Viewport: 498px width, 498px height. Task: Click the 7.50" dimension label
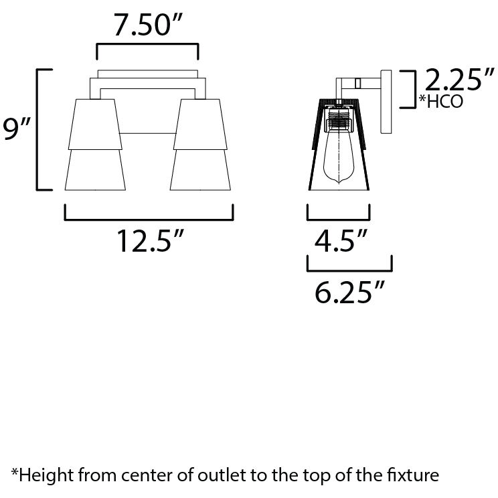pos(147,27)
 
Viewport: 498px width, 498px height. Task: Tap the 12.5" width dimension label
pos(148,241)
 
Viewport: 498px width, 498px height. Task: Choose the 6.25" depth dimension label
pos(349,292)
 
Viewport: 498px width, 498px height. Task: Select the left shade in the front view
pos(94,144)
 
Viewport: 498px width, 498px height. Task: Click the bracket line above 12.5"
pos(149,218)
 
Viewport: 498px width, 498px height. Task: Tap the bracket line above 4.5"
pos(338,218)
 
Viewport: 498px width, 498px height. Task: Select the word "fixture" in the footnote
pos(413,476)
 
